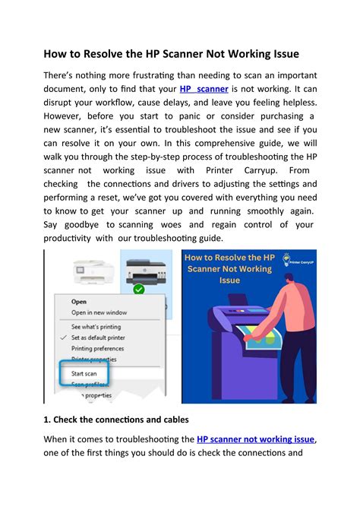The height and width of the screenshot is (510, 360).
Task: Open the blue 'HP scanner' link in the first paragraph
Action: coord(204,90)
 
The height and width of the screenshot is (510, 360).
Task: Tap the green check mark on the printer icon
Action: coord(137,289)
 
